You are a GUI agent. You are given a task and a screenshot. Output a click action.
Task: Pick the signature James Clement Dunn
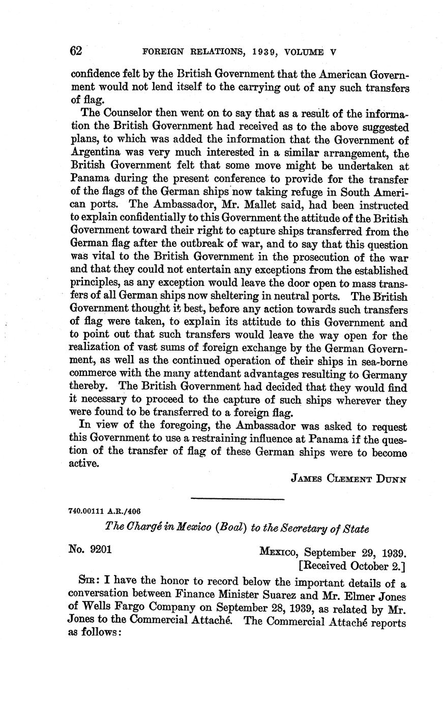pos(348,478)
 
